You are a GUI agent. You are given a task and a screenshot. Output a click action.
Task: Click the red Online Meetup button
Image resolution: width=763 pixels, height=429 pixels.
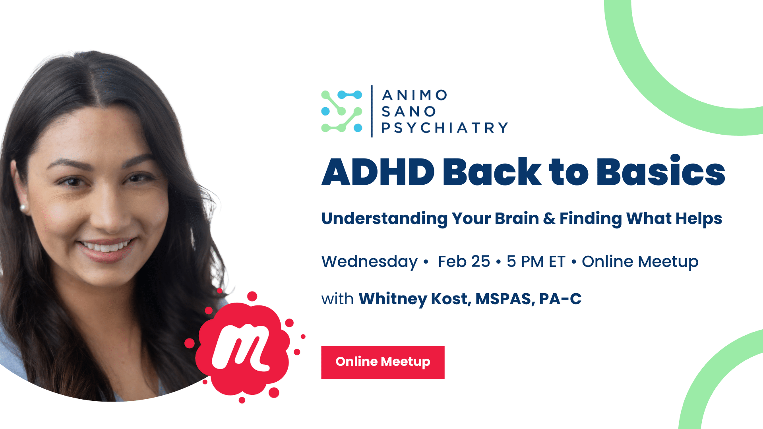coord(383,362)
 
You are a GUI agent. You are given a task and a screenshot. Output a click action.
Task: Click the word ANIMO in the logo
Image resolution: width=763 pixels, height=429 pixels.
coord(414,95)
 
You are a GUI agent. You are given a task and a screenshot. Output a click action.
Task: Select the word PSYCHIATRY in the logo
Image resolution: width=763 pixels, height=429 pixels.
coord(445,128)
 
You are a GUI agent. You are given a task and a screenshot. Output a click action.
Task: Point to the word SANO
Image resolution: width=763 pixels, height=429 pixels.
coord(409,112)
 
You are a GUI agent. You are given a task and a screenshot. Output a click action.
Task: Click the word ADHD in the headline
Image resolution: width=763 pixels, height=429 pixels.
coord(378,172)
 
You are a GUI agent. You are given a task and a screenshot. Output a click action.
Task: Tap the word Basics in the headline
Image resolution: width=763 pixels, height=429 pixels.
coord(661,171)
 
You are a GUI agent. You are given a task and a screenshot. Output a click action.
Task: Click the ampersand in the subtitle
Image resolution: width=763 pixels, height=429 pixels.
coord(549,219)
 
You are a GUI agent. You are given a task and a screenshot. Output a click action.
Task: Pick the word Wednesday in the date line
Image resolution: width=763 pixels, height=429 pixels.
coord(370,262)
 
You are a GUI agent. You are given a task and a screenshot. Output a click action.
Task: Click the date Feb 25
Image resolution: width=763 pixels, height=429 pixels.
coord(464,262)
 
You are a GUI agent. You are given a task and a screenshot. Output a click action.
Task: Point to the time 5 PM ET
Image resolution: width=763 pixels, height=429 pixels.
coord(536,262)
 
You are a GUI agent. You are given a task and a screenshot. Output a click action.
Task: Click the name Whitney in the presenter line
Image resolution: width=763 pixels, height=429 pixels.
coord(393,299)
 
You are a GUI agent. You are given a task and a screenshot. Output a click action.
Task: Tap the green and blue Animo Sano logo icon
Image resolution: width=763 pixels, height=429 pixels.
coord(342,111)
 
